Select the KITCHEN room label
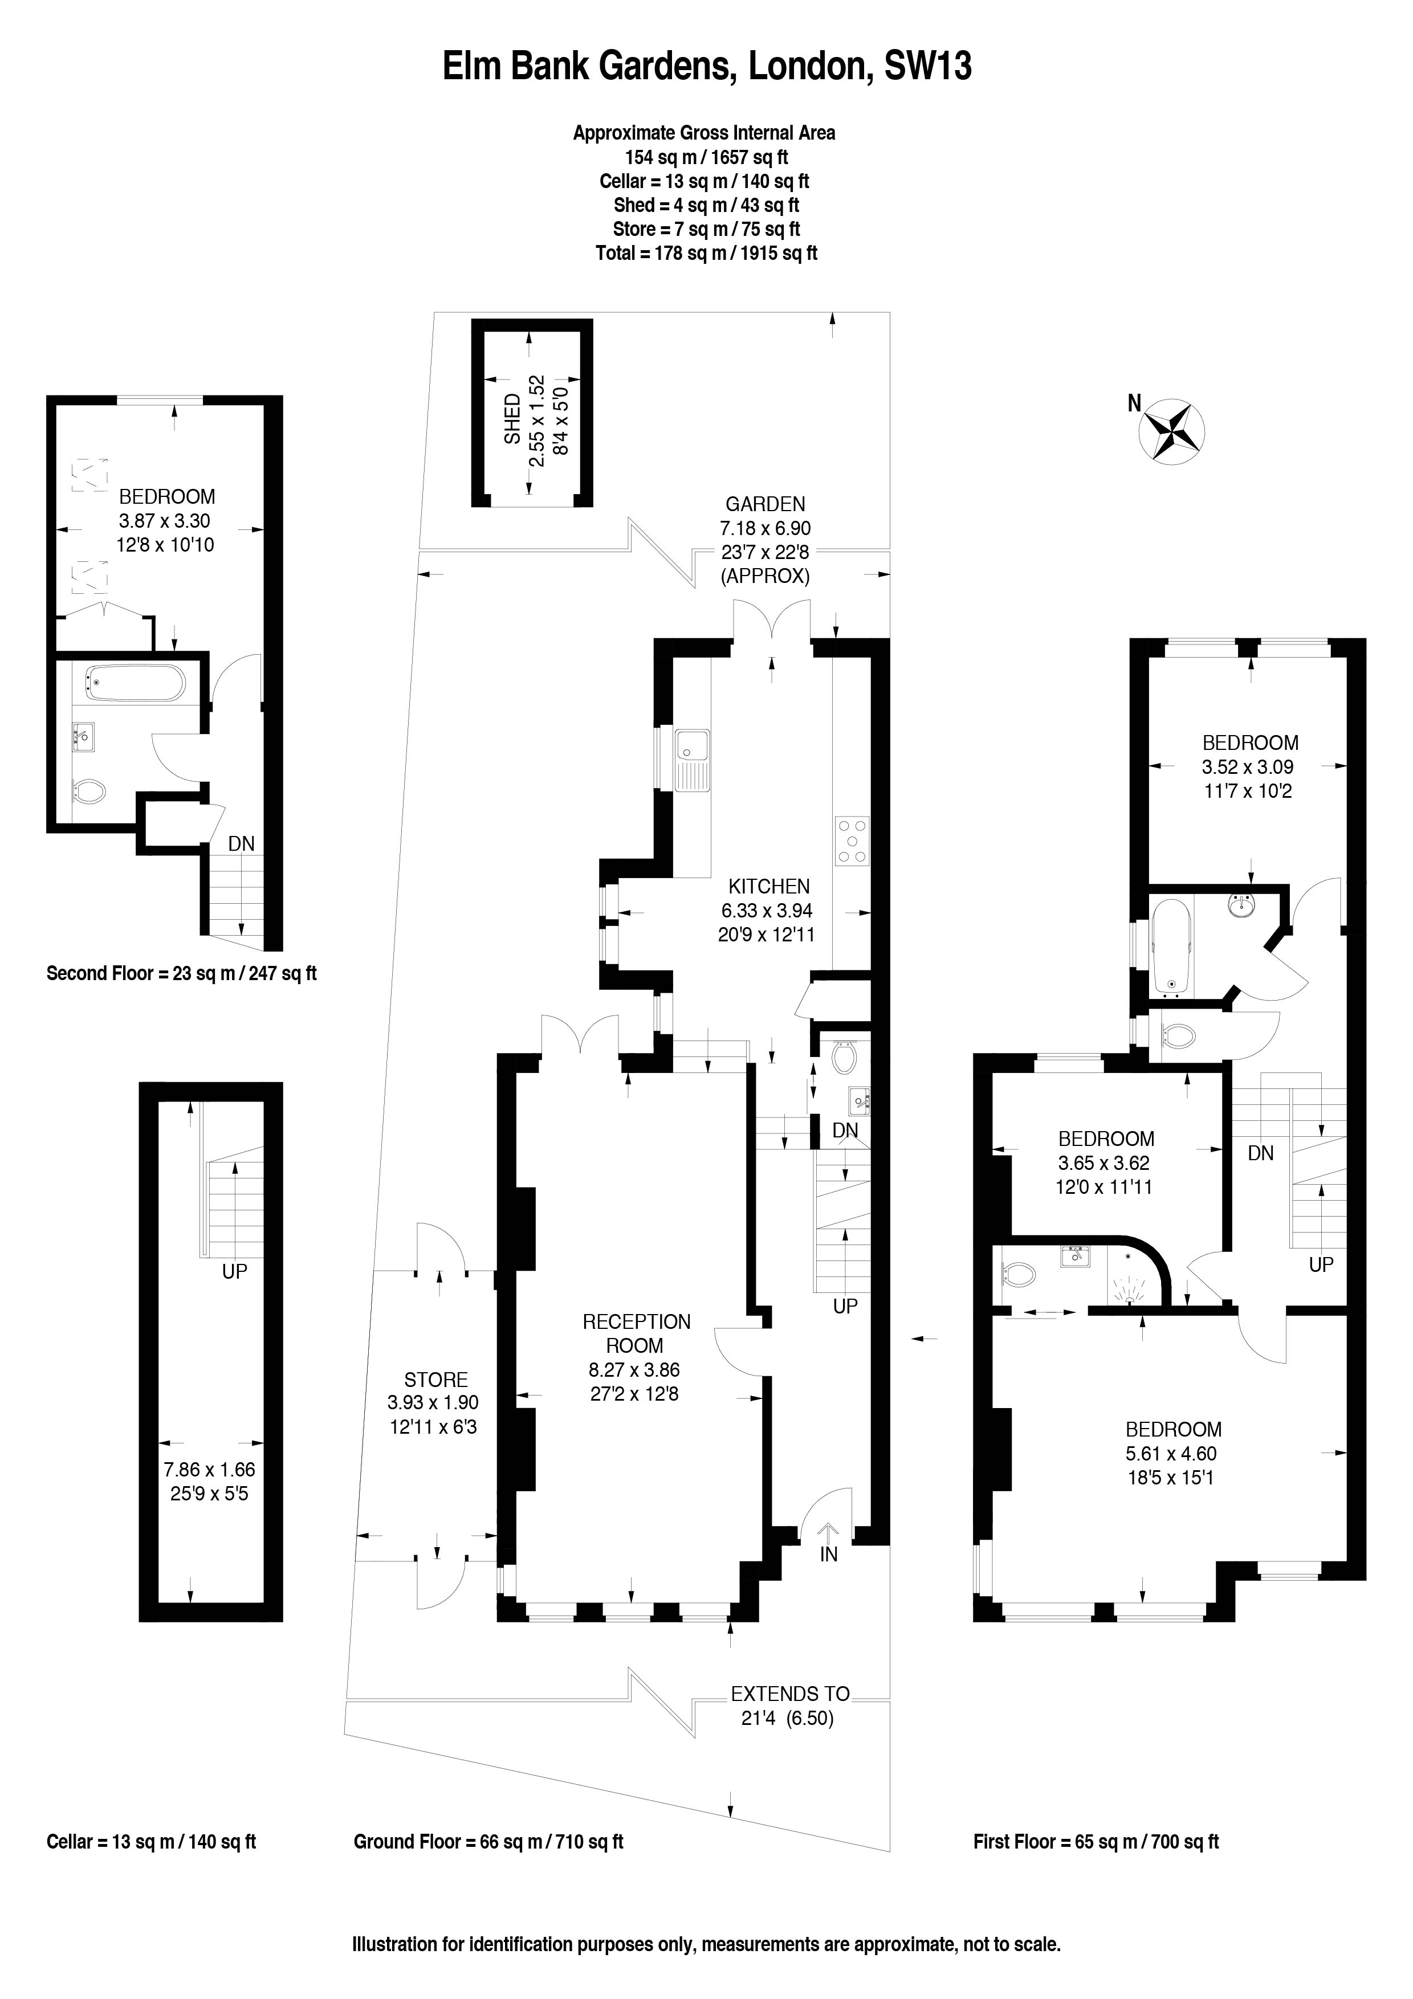click(769, 886)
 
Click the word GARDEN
click(765, 503)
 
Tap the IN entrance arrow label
click(828, 1554)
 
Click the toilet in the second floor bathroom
click(89, 792)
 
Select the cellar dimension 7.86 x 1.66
click(209, 1470)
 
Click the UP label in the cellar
click(234, 1271)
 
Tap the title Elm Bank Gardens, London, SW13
click(706, 67)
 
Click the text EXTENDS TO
click(789, 1694)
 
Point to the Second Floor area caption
click(181, 973)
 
